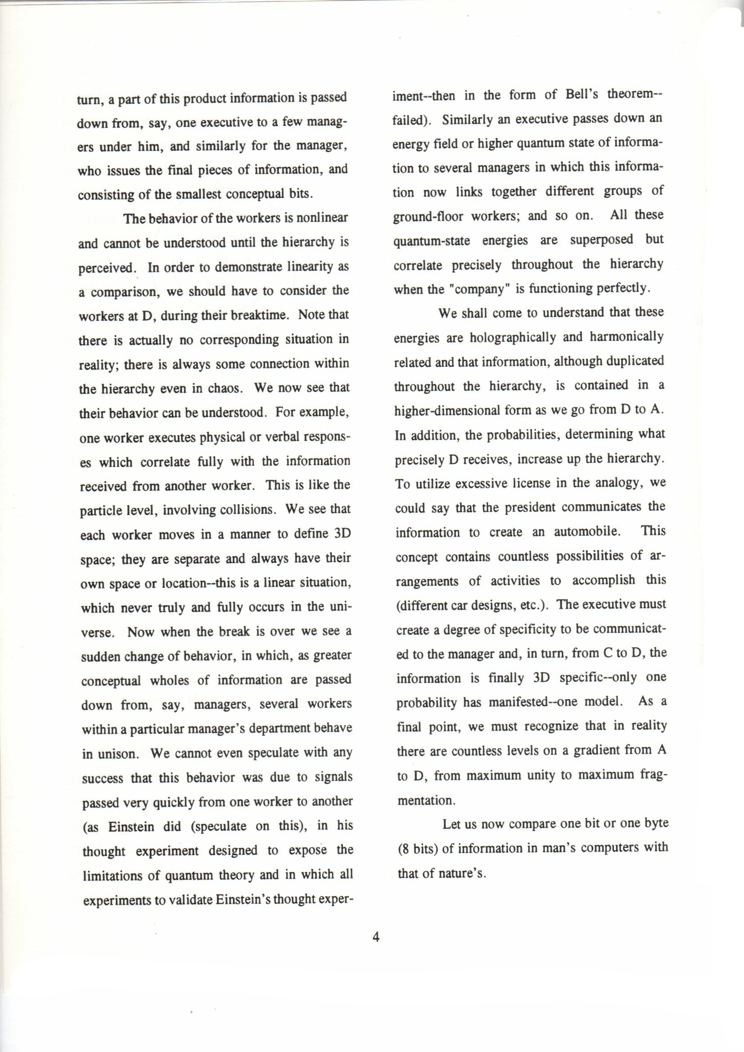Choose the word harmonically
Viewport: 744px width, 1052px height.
coord(626,337)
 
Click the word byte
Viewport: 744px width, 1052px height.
coord(656,824)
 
